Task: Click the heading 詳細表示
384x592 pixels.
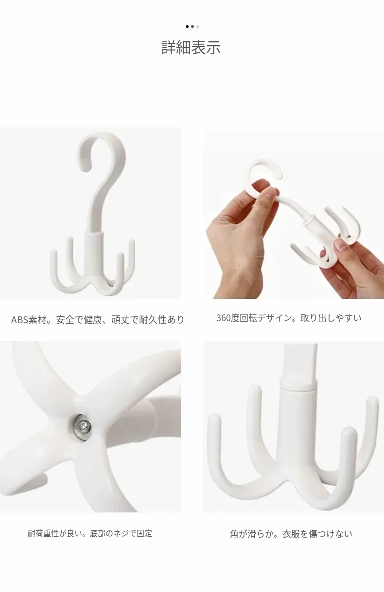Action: coord(191,48)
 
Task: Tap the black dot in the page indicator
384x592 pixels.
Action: coord(187,26)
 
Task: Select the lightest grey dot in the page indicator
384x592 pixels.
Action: coord(197,26)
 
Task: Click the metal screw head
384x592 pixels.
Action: coord(83,427)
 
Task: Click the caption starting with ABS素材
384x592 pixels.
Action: coord(97,319)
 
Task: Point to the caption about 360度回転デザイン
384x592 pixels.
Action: coord(289,318)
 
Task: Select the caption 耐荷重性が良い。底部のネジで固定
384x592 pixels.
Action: coord(90,533)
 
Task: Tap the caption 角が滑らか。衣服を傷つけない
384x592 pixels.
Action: coord(291,534)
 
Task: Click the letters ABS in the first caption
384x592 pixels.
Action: coord(19,320)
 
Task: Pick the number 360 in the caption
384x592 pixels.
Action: coord(224,318)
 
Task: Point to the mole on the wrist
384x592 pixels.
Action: coord(239,265)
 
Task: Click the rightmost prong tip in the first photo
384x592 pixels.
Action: coord(132,242)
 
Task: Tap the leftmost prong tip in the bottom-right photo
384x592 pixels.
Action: coord(214,418)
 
